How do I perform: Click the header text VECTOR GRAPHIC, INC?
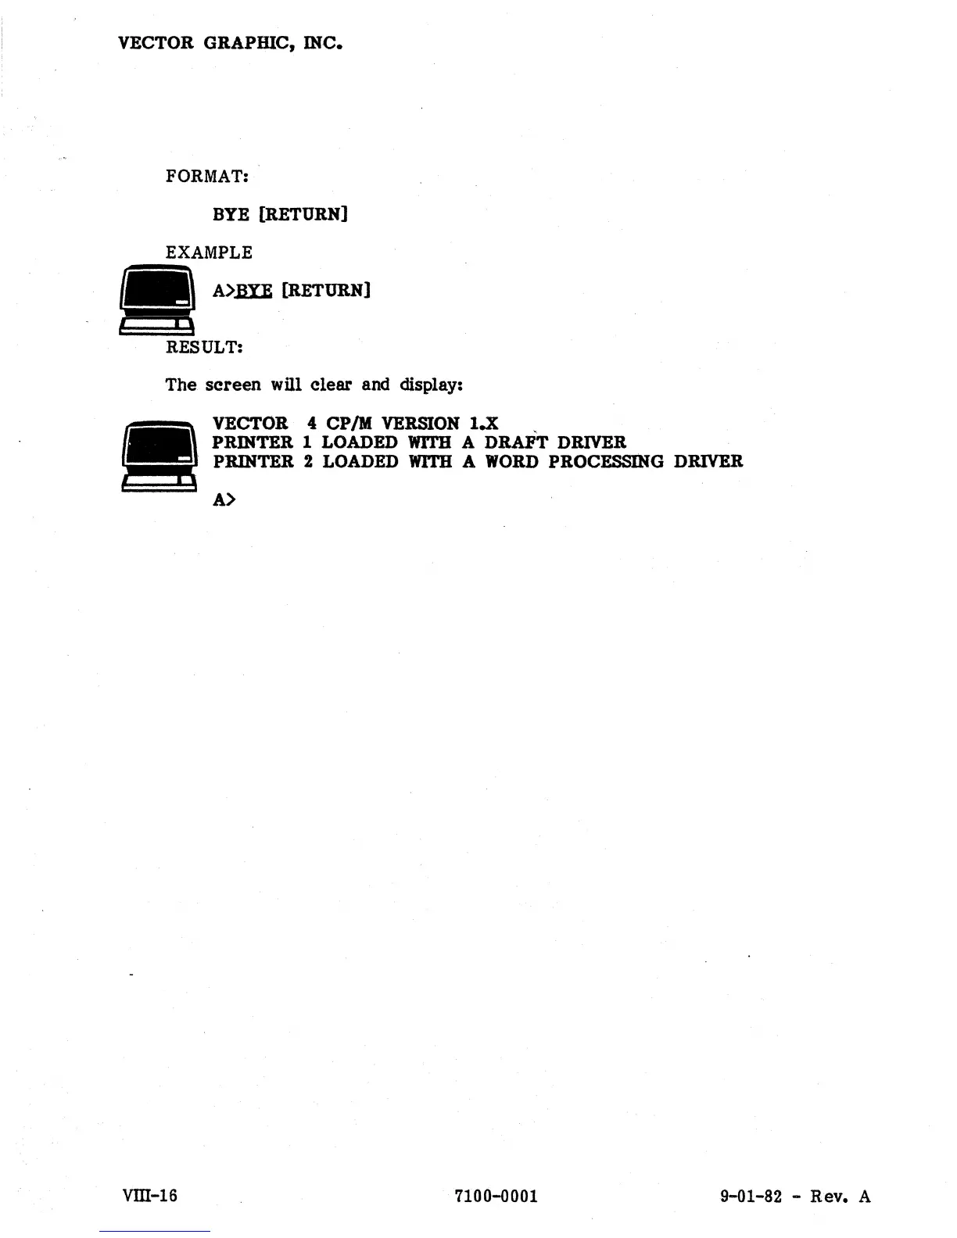(x=230, y=43)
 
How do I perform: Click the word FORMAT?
(x=207, y=176)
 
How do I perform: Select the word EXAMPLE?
(x=210, y=252)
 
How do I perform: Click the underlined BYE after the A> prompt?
(x=254, y=291)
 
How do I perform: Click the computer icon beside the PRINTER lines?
(x=157, y=456)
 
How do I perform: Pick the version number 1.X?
(x=479, y=424)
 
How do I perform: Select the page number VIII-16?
(x=150, y=1196)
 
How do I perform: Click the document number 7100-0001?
(x=496, y=1196)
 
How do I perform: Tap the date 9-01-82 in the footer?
(x=751, y=1196)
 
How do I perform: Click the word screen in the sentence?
(x=233, y=385)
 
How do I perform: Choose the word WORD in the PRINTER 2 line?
(x=512, y=461)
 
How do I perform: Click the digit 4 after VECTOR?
(x=312, y=424)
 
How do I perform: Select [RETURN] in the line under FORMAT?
(x=303, y=214)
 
